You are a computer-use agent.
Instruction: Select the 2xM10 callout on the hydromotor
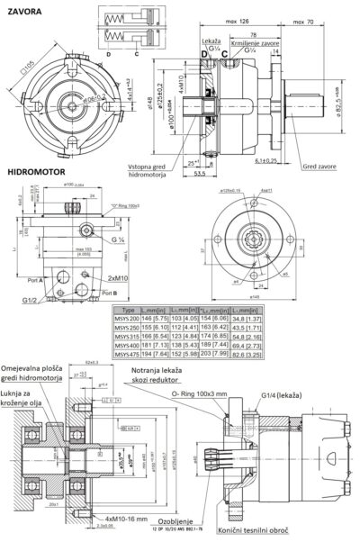122,281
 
